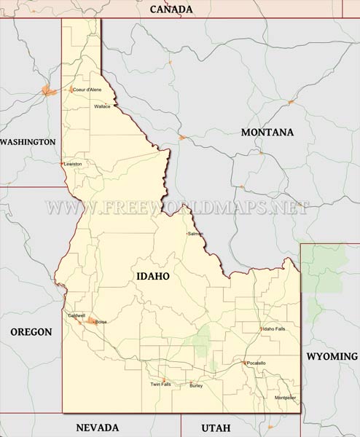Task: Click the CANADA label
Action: [171, 9]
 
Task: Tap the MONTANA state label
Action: [267, 133]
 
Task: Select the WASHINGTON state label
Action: [28, 142]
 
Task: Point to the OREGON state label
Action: [31, 332]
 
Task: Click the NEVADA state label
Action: [97, 428]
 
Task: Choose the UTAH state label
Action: [215, 428]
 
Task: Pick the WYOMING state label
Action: [332, 356]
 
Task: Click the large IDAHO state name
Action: [152, 277]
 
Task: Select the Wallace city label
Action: [102, 106]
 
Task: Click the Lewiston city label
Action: [74, 164]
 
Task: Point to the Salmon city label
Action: [196, 234]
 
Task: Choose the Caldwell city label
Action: [77, 315]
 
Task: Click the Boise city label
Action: [101, 321]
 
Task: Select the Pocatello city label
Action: [257, 363]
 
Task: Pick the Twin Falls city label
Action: [160, 384]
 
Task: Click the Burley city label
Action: [196, 385]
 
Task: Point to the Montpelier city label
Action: [286, 398]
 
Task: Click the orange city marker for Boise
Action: [91, 320]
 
